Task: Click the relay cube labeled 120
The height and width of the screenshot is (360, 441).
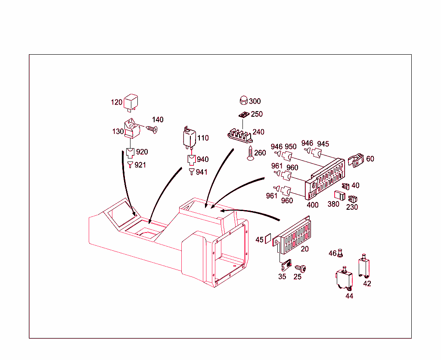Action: point(131,102)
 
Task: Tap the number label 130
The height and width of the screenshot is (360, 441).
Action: point(118,132)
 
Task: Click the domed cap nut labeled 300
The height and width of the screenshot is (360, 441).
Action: point(243,101)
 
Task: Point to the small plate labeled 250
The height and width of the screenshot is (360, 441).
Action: point(244,115)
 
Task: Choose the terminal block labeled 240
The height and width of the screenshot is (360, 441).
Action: point(240,134)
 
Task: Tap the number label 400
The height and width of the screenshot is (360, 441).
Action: point(312,205)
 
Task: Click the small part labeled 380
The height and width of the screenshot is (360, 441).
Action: point(340,196)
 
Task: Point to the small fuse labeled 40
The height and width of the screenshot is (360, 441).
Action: point(345,186)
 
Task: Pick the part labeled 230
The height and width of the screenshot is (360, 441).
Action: point(353,199)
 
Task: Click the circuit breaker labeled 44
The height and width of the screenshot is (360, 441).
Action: point(345,279)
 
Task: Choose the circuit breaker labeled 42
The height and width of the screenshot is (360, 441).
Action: point(365,266)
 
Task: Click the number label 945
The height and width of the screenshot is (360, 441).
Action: point(323,143)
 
